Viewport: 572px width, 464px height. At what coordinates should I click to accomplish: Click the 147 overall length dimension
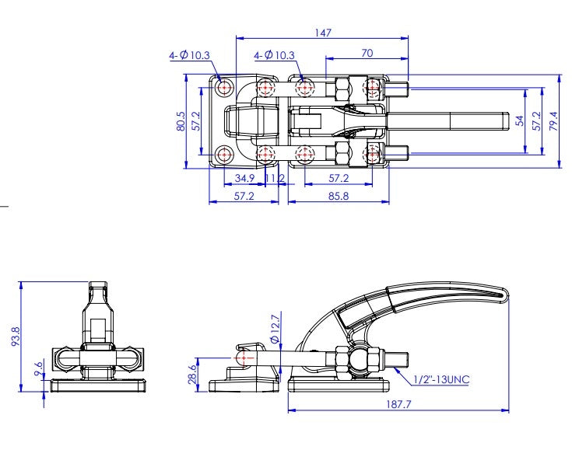point(323,32)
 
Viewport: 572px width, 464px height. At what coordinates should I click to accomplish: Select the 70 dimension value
point(367,53)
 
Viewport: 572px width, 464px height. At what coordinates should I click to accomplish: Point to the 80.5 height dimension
point(181,120)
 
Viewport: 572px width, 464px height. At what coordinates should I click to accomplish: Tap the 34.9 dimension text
point(244,179)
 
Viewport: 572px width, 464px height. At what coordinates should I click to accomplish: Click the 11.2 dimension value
point(275,179)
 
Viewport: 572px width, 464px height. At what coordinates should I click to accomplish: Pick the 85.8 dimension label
point(338,197)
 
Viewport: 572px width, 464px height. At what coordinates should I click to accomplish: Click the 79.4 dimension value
point(553,121)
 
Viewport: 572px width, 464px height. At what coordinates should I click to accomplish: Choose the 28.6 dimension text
point(193,374)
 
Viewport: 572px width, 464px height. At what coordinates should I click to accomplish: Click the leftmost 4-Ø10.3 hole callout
point(189,55)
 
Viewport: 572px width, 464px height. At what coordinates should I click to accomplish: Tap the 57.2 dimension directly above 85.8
point(338,179)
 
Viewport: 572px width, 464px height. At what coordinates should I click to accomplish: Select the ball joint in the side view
point(359,359)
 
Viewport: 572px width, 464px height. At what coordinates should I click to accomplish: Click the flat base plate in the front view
point(98,386)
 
